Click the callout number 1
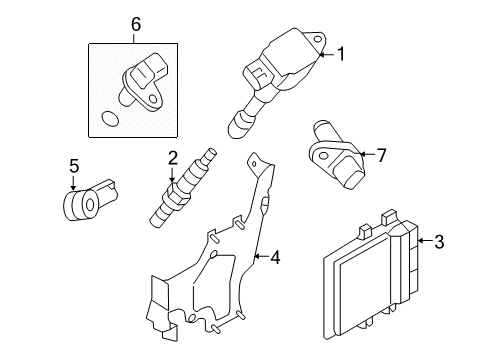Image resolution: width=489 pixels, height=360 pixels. pyautogui.click(x=341, y=54)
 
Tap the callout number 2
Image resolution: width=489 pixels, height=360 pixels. pyautogui.click(x=172, y=158)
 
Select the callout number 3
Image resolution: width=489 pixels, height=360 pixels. pyautogui.click(x=439, y=241)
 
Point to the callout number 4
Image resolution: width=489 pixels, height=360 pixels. pyautogui.click(x=275, y=257)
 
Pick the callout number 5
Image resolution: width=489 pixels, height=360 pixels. pyautogui.click(x=74, y=166)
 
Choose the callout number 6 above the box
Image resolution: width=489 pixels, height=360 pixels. pyautogui.click(x=136, y=24)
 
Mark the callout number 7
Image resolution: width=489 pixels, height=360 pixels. pyautogui.click(x=381, y=155)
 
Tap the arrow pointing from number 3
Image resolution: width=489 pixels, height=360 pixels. pyautogui.click(x=424, y=241)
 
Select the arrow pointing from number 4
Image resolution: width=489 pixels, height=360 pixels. pyautogui.click(x=261, y=256)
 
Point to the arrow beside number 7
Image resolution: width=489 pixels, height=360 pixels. pyautogui.click(x=367, y=154)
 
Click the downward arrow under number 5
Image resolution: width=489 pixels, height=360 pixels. pyautogui.click(x=73, y=183)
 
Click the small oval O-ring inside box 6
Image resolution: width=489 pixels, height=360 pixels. pyautogui.click(x=109, y=119)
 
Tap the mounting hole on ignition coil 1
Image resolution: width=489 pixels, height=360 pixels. pyautogui.click(x=318, y=39)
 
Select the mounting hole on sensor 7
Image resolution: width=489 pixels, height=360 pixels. pyautogui.click(x=323, y=156)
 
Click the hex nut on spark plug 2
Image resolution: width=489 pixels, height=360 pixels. pyautogui.click(x=175, y=195)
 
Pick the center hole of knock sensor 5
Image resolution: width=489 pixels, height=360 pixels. pyautogui.click(x=90, y=205)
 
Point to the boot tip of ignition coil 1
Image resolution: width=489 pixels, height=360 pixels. pyautogui.click(x=237, y=127)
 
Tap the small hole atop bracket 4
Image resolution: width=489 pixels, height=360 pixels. pyautogui.click(x=254, y=164)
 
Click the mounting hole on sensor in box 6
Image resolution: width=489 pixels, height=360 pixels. pyautogui.click(x=153, y=99)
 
